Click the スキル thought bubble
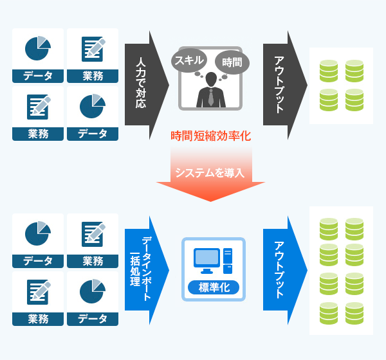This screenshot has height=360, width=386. (x=188, y=61)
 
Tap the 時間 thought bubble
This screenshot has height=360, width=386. (x=232, y=62)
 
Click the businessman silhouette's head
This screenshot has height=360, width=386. (x=210, y=79)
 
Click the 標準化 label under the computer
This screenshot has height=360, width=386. (x=213, y=287)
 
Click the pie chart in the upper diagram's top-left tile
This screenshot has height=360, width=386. (x=37, y=48)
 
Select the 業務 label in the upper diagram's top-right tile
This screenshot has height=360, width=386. (x=93, y=76)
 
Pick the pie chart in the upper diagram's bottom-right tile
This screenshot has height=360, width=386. (x=93, y=106)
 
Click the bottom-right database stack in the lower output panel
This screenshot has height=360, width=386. (x=354, y=312)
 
